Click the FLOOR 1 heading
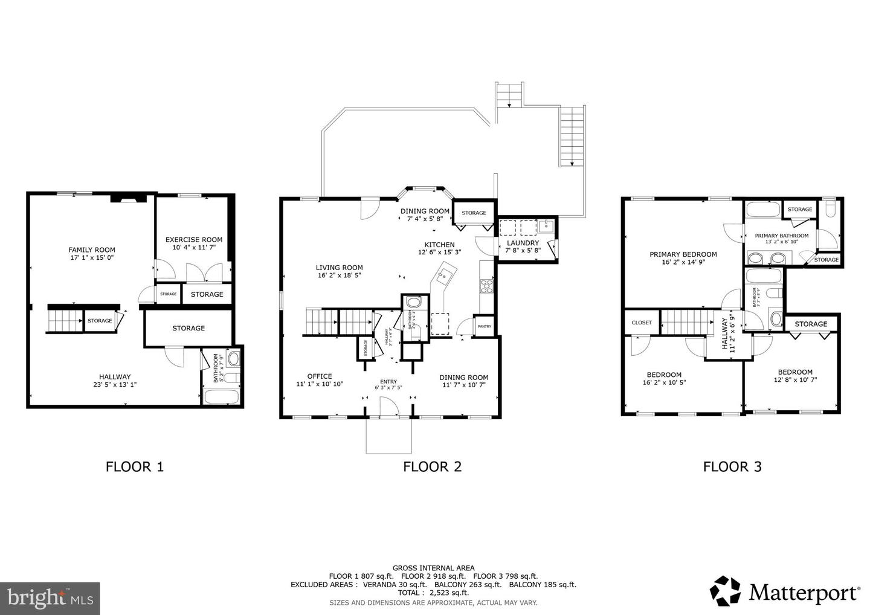tap(134, 466)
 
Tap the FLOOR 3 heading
tap(732, 466)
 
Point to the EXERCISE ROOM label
tap(194, 240)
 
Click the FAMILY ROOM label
tap(91, 250)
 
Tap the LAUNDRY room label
tap(523, 243)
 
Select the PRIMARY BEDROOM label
tap(683, 254)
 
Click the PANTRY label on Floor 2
tap(485, 326)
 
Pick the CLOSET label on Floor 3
tap(641, 323)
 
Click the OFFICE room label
tap(319, 376)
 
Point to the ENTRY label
tap(388, 381)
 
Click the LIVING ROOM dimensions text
tap(339, 275)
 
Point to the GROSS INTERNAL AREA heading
tap(433, 568)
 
